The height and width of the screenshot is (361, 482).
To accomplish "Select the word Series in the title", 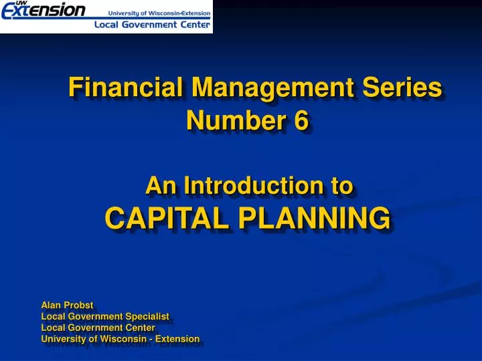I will (407, 88).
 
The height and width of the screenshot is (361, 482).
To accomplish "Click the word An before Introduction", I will (158, 185).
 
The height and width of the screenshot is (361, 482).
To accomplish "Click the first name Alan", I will (52, 305).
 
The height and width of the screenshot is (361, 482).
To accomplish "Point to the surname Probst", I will (80, 305).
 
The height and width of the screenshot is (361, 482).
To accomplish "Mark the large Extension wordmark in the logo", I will (44, 11).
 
